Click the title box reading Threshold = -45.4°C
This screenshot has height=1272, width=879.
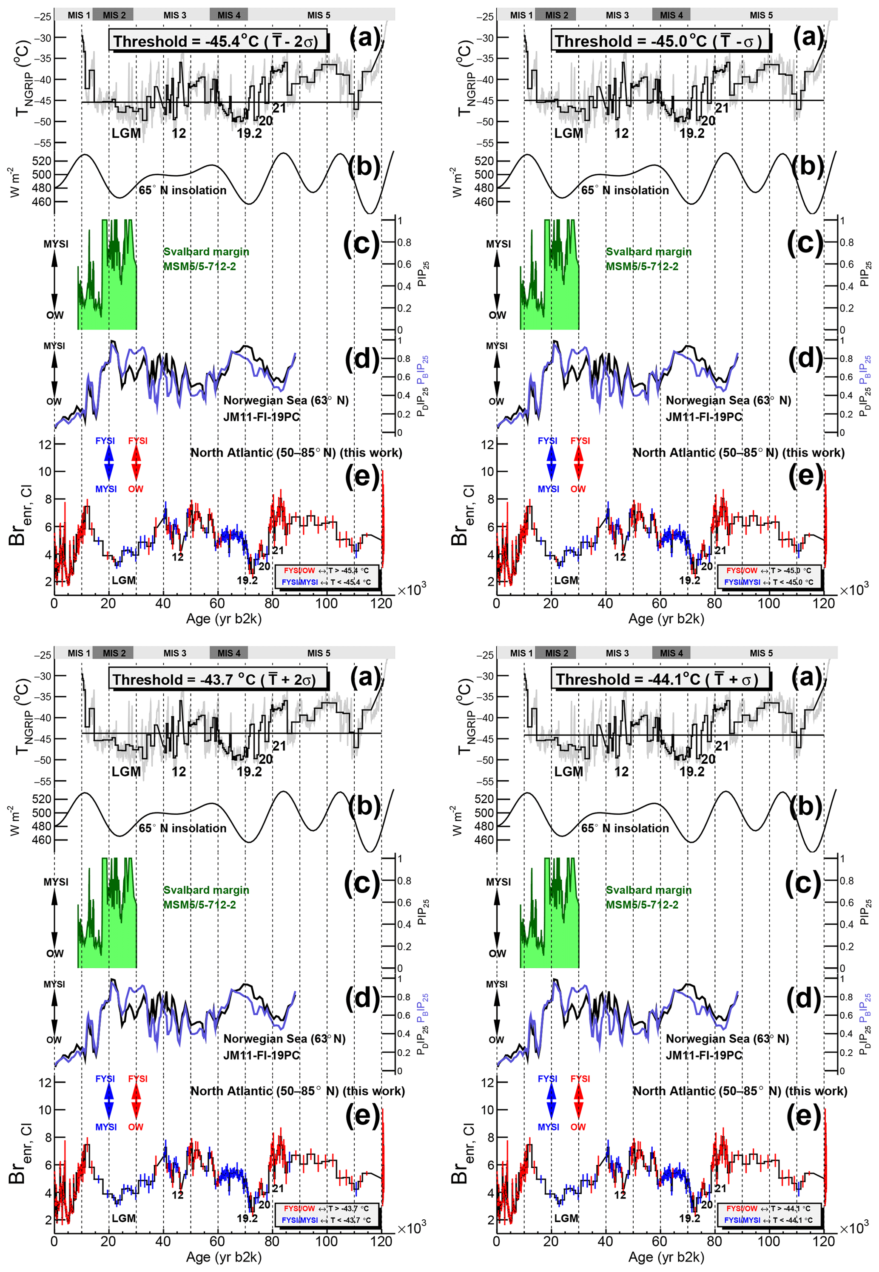click(219, 41)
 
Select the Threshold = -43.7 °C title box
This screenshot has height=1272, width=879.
click(219, 679)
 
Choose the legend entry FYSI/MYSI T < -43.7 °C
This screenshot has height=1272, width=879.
click(326, 1220)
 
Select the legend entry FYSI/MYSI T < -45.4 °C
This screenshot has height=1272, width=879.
click(326, 582)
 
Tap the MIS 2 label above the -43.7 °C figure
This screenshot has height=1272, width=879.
click(114, 653)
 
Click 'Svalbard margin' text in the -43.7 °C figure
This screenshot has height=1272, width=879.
click(206, 890)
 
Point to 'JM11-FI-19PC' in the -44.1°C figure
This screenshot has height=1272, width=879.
click(704, 1055)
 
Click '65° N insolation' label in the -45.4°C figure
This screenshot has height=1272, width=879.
click(182, 190)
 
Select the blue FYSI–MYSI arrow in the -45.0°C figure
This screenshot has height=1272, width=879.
click(551, 465)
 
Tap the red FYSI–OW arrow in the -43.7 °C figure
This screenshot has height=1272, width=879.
click(136, 1102)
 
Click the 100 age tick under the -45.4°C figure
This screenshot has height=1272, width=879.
click(326, 603)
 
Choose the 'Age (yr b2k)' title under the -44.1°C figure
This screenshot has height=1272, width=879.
click(666, 1257)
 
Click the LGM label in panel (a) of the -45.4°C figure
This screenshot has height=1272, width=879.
click(126, 133)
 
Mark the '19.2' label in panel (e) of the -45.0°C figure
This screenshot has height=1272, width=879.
click(689, 580)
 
